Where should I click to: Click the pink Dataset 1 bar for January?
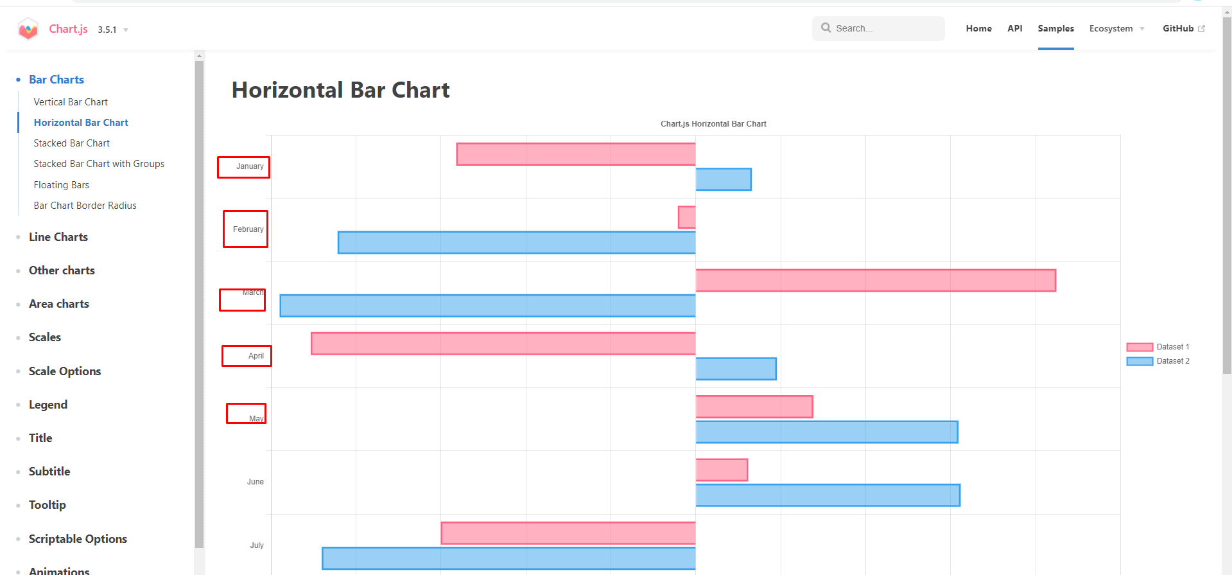[576, 154]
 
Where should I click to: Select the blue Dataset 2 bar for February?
[516, 242]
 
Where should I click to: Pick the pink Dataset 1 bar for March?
[875, 280]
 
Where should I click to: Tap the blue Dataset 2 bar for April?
[736, 369]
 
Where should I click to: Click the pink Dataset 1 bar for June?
[722, 470]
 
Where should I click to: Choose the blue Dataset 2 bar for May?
[826, 432]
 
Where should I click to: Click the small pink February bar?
[686, 217]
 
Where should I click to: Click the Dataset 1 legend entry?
[1158, 347]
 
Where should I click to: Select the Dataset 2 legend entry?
[1158, 361]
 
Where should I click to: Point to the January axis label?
[250, 166]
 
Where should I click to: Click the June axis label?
[255, 482]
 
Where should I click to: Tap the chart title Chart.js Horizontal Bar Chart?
[713, 124]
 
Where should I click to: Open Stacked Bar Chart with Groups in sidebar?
[99, 164]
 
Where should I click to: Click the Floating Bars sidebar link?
[62, 185]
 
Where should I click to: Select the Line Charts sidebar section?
[58, 237]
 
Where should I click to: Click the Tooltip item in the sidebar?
[48, 505]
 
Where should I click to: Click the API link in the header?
[1014, 28]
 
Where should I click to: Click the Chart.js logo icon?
[28, 29]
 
